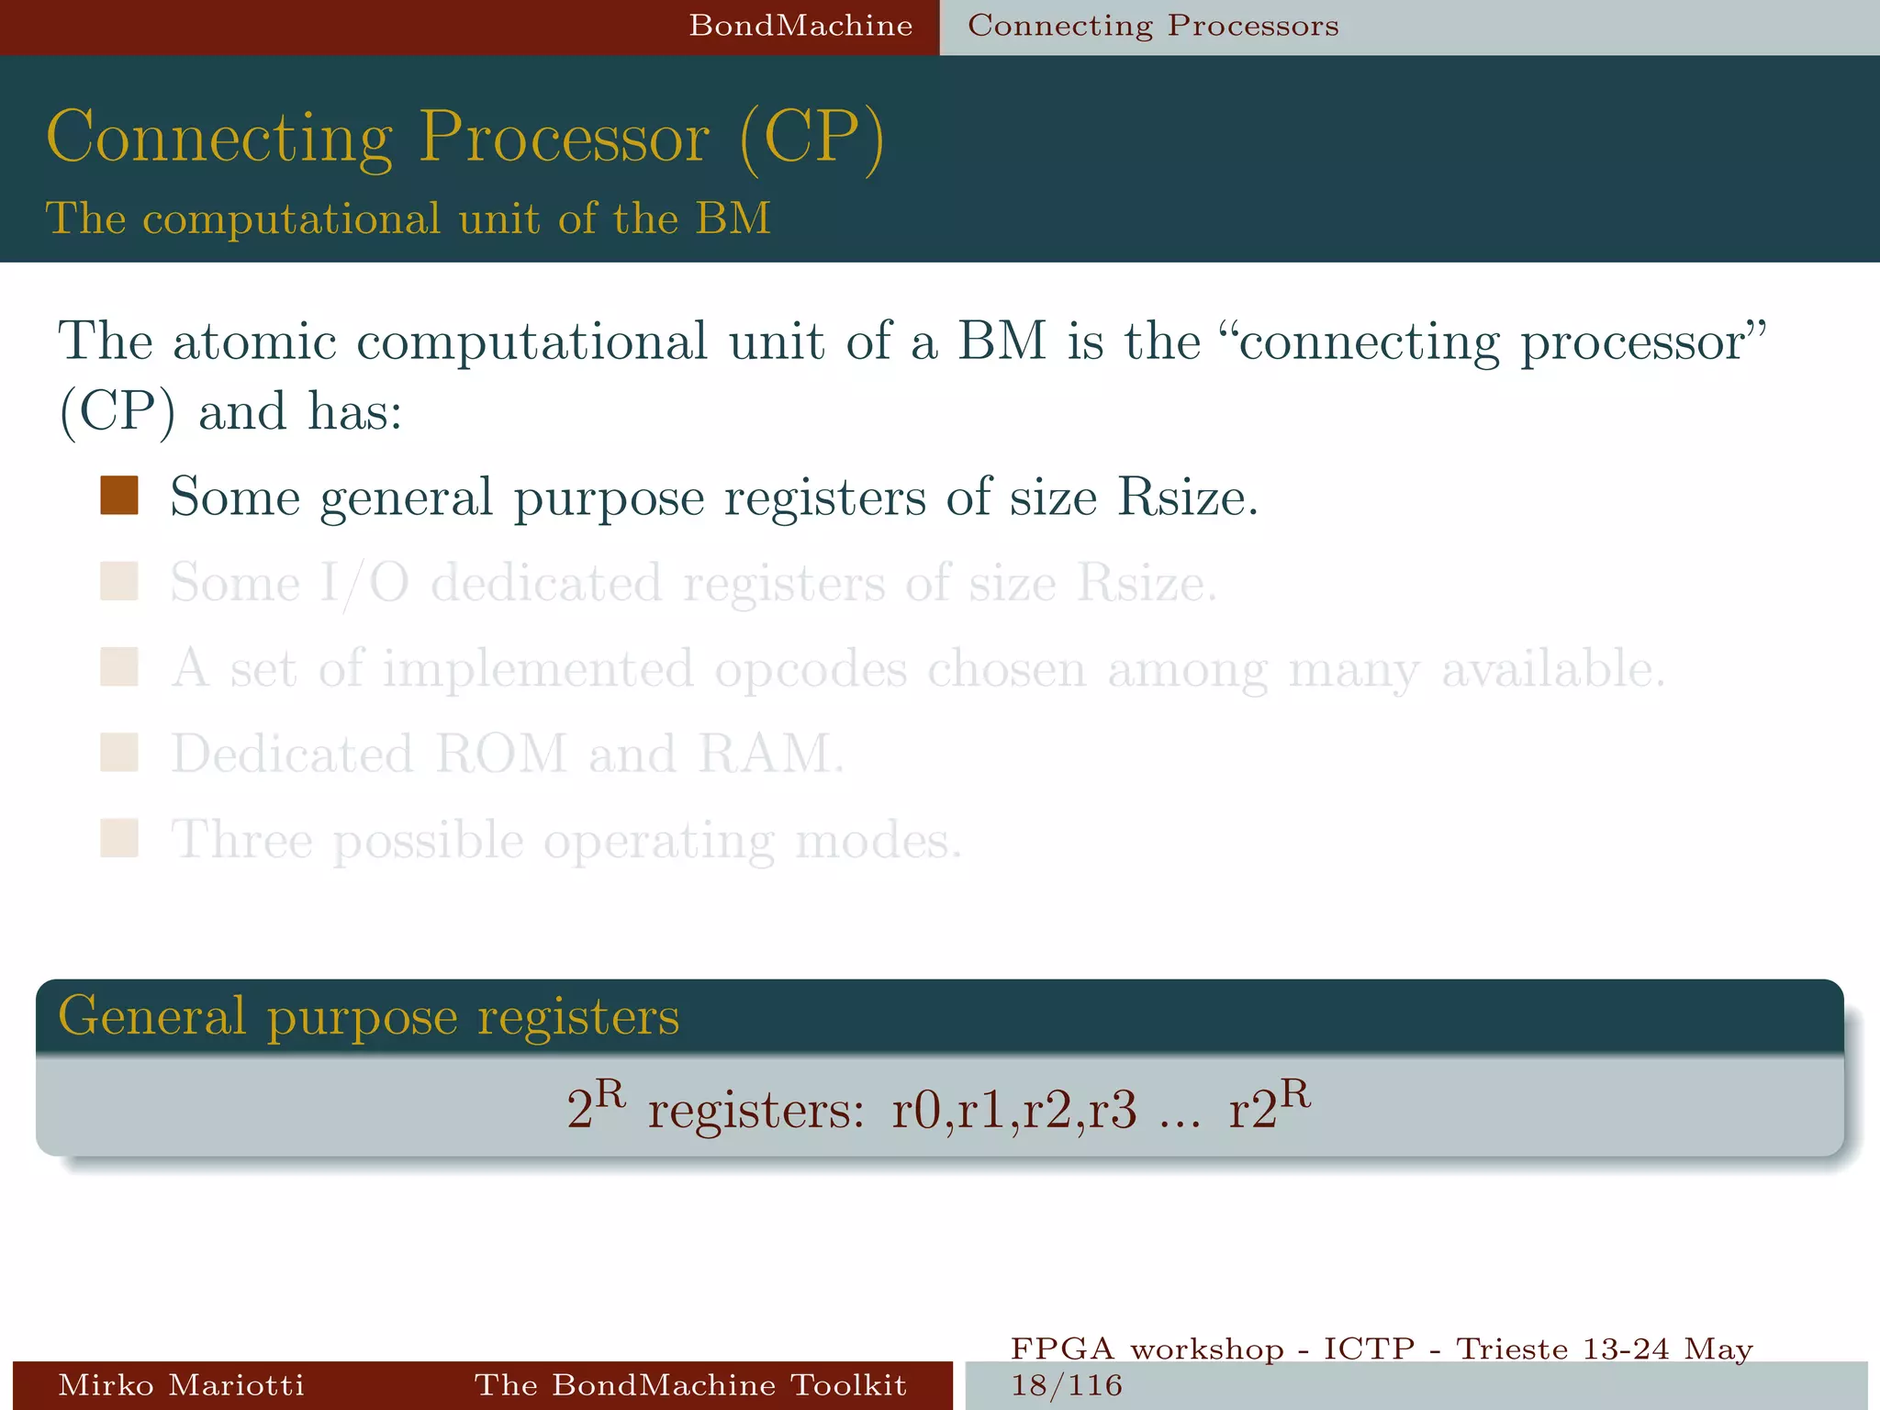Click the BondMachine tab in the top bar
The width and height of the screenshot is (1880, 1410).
800,26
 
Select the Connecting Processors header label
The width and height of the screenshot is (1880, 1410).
1153,26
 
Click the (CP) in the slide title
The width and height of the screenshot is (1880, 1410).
811,138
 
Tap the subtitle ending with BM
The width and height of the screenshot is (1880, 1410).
408,218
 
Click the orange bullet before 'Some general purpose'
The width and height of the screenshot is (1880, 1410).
119,496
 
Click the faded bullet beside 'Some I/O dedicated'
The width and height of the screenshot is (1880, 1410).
119,582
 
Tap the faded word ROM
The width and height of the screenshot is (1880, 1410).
501,755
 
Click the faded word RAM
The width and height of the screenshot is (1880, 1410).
769,755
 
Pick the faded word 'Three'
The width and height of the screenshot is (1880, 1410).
242,840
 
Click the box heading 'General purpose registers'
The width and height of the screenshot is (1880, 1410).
369,1017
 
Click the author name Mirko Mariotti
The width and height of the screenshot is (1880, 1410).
181,1384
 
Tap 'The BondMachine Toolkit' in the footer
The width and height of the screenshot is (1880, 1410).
690,1384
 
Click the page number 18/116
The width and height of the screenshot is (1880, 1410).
1067,1385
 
